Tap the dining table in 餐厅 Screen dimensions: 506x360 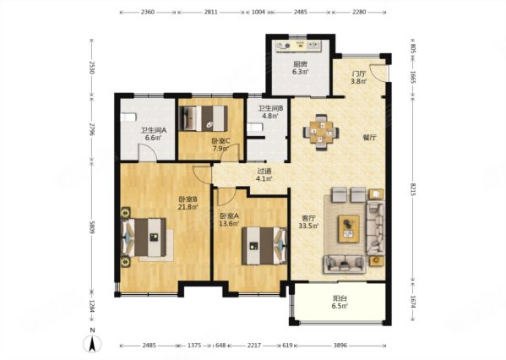[321, 132]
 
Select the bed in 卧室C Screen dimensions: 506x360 [204, 118]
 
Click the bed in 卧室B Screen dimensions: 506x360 [144, 237]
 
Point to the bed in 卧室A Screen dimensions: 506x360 [264, 246]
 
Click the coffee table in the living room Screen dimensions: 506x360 [349, 229]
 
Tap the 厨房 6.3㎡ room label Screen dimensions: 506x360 [301, 68]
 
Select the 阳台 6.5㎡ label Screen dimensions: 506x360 [340, 303]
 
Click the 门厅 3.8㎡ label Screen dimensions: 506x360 [359, 78]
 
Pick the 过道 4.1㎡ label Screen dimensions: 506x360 [264, 175]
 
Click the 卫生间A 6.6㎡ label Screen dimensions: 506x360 [153, 134]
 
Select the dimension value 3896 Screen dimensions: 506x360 [340, 345]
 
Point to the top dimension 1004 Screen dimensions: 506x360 [258, 12]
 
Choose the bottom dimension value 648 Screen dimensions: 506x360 [220, 345]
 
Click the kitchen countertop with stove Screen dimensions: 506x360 [298, 46]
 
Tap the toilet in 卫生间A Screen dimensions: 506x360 [128, 117]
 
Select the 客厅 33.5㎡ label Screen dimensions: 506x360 [309, 222]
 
